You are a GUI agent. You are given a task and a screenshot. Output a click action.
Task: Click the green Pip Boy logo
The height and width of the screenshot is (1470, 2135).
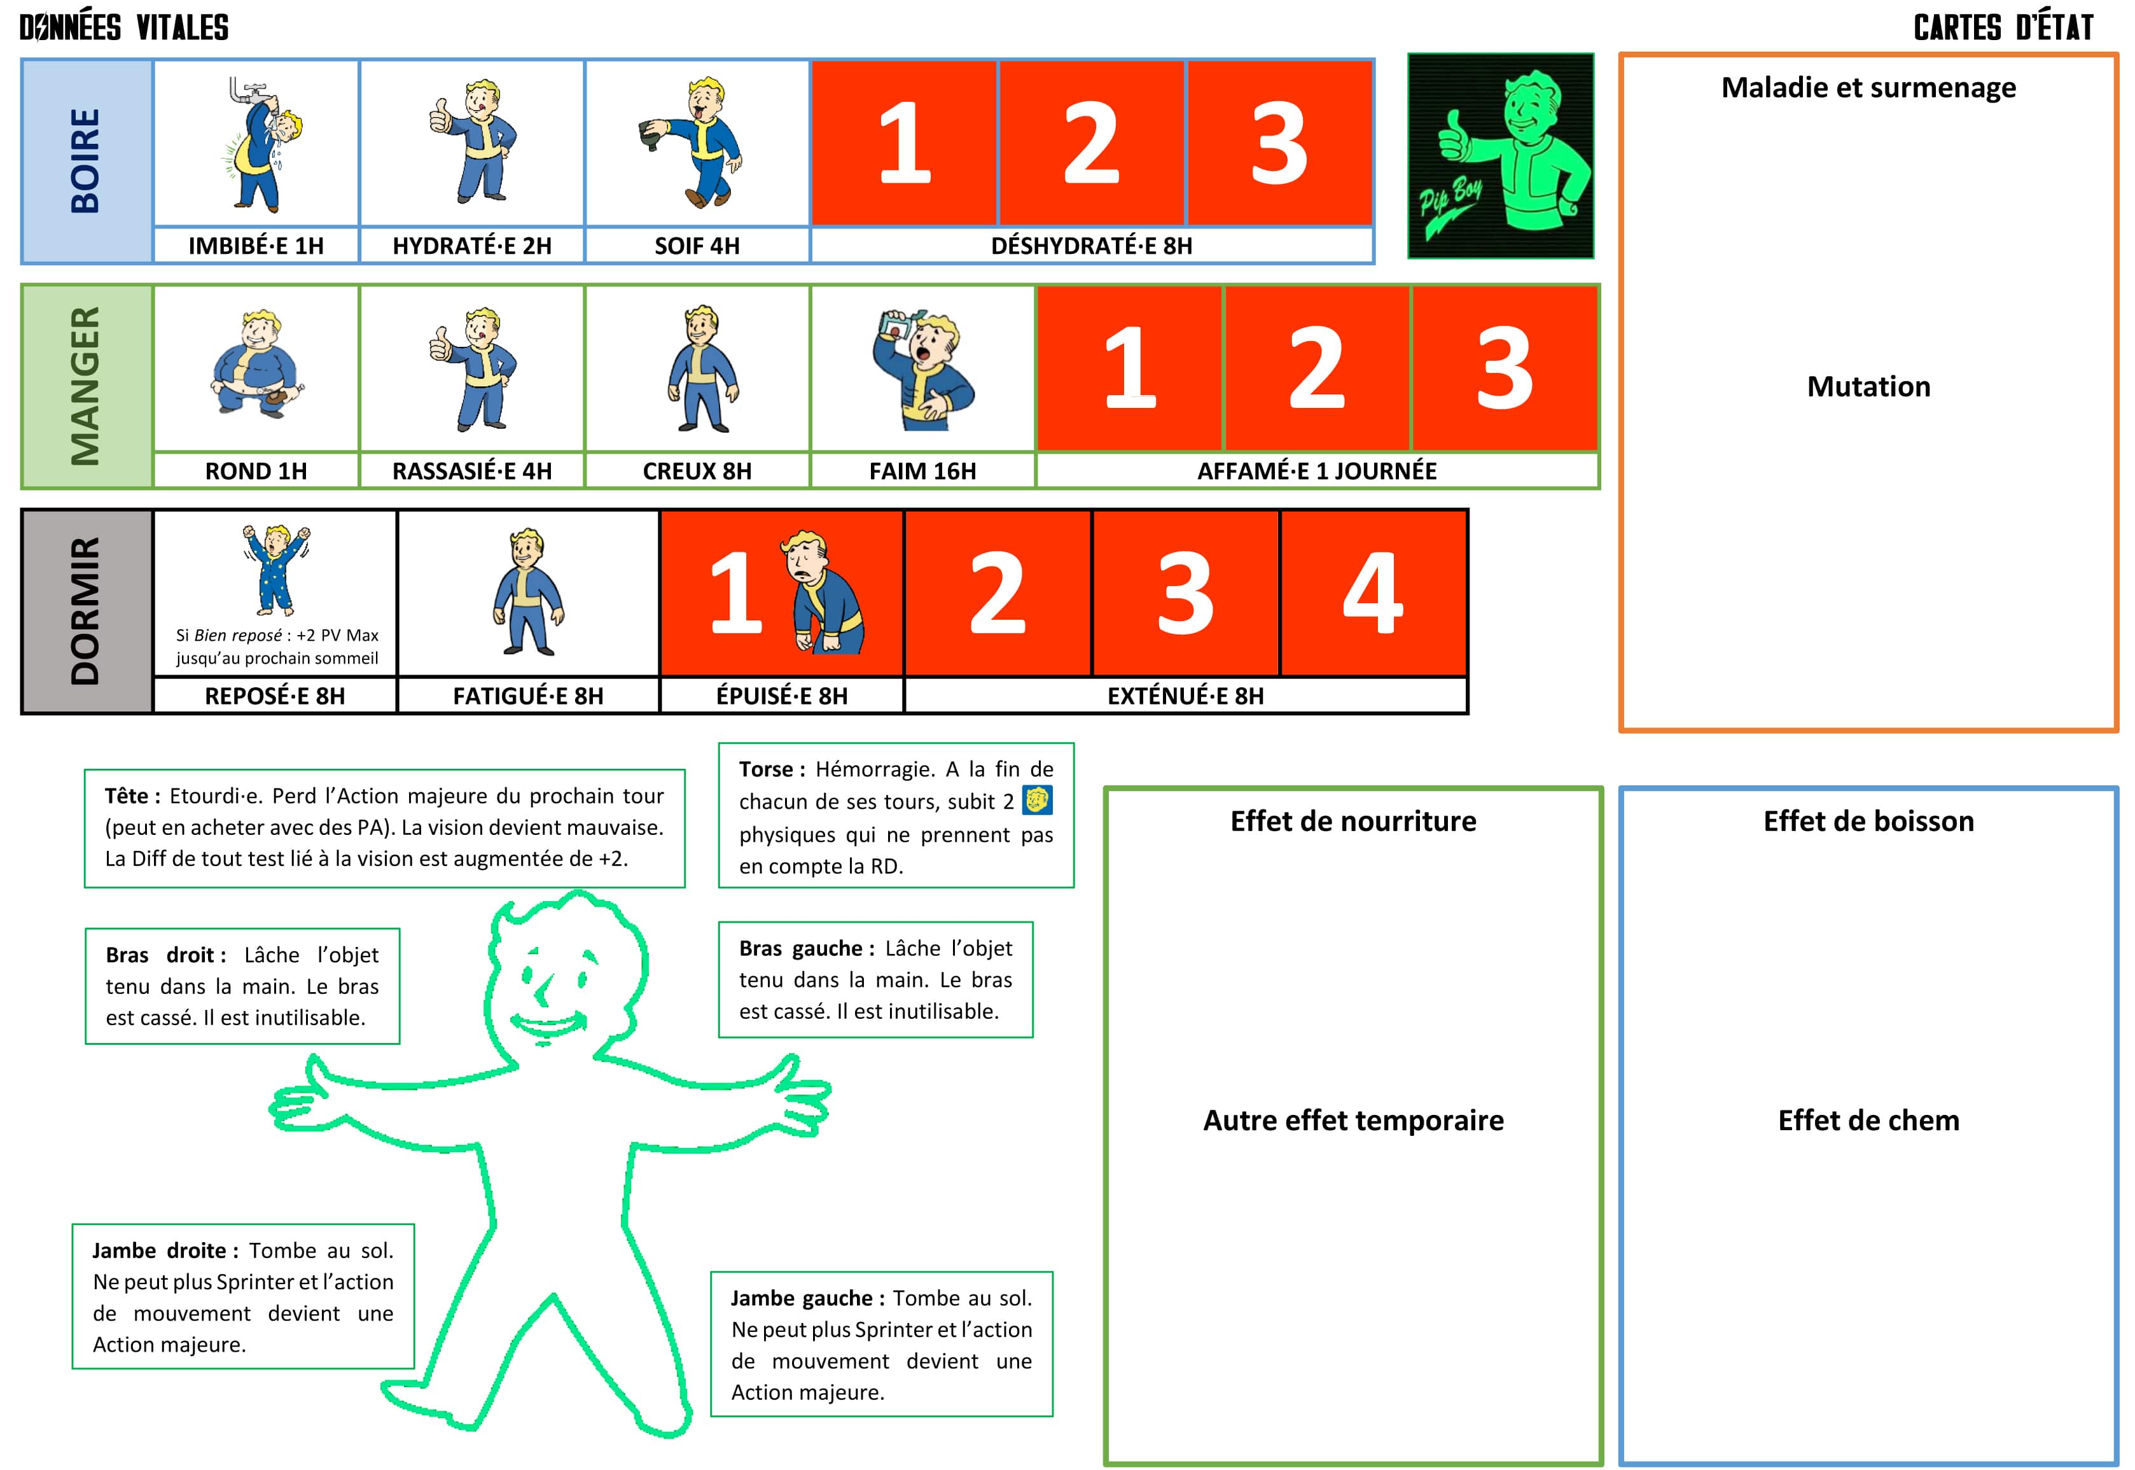[1501, 156]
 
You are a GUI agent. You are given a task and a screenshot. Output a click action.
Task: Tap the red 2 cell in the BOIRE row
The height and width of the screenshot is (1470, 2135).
[1092, 143]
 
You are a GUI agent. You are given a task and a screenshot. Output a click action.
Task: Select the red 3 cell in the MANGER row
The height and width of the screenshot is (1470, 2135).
[1505, 368]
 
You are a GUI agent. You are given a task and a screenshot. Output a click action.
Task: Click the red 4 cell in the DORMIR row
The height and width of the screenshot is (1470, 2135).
[1373, 593]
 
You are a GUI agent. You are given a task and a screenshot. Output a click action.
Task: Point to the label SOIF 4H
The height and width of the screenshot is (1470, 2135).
[697, 246]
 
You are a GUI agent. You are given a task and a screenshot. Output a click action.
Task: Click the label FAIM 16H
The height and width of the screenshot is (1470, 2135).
[922, 472]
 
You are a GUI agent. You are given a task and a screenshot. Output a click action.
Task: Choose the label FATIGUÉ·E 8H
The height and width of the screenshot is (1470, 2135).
[529, 696]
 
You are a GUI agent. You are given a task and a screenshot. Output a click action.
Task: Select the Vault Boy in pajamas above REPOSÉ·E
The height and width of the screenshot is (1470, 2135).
[276, 569]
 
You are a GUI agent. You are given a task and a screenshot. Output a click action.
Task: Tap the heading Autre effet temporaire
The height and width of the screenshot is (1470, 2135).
[1353, 1121]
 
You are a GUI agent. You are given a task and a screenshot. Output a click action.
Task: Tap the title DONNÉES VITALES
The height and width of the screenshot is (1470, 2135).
[124, 27]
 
